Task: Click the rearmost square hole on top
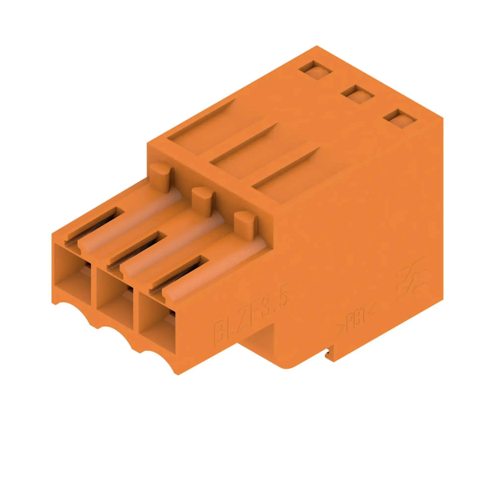point(315,70)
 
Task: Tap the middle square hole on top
point(358,94)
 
